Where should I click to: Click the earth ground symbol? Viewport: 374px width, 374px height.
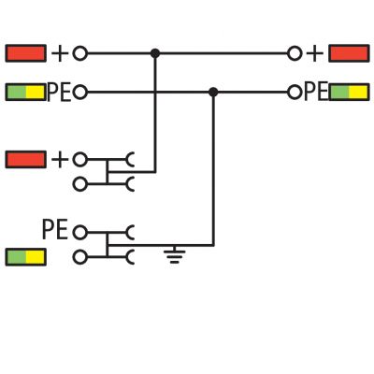coord(175,254)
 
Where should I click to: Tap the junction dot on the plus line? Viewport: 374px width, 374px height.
coord(155,53)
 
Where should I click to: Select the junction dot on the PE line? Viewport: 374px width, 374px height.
coord(213,93)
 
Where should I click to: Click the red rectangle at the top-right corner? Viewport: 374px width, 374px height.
coord(349,53)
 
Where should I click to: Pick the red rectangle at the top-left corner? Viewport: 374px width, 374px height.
coord(26,53)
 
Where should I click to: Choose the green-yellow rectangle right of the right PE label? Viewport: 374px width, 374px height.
coord(349,93)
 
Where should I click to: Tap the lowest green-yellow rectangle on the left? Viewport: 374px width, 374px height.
coord(26,257)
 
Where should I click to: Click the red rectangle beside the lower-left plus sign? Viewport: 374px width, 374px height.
coord(26,160)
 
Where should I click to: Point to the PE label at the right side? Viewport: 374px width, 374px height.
coord(316,92)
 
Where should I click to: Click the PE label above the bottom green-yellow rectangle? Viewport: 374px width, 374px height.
coord(55,229)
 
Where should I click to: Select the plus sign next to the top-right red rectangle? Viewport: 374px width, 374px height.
coord(315,54)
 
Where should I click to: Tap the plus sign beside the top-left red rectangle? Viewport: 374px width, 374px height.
coord(60,53)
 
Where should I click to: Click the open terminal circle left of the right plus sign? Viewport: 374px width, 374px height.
coord(295,53)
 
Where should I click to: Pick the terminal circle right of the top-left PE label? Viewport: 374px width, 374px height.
coord(79,93)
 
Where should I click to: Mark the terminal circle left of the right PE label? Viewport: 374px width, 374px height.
coord(295,93)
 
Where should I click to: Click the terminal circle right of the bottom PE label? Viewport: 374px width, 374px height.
coord(79,233)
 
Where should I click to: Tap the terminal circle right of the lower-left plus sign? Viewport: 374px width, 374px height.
coord(79,160)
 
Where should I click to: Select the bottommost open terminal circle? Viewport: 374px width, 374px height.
coord(79,257)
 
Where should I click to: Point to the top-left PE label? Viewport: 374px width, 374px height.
coord(59,93)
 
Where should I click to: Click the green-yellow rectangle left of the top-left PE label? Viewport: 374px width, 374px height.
coord(26,93)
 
